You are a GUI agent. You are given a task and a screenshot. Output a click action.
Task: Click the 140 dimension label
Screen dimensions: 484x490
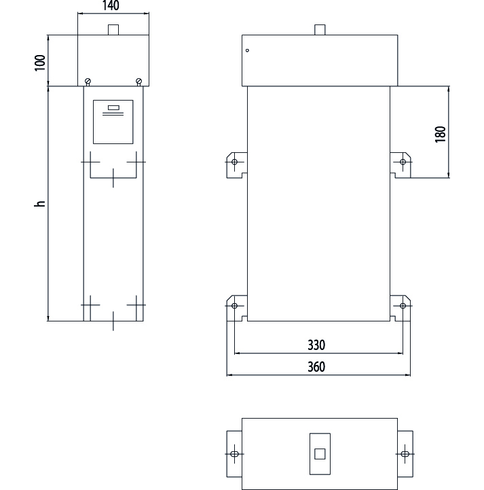point(111,5)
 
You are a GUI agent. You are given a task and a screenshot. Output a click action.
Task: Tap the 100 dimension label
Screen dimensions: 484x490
point(40,63)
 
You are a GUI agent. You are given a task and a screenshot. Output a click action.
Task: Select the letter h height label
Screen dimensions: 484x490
point(40,203)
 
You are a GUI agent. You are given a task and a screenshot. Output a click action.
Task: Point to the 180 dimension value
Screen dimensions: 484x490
point(440,135)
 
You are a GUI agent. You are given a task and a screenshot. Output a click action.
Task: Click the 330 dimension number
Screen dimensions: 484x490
point(316,345)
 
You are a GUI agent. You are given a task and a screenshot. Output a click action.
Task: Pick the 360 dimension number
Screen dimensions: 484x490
point(316,366)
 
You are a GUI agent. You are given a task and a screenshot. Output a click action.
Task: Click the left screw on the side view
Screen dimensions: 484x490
point(88,82)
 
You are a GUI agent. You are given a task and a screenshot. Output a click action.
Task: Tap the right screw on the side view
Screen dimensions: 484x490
point(139,82)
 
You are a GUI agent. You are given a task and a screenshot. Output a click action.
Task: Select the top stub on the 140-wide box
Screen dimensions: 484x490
point(113,30)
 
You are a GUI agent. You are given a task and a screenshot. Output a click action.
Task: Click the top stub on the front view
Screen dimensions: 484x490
point(320,30)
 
